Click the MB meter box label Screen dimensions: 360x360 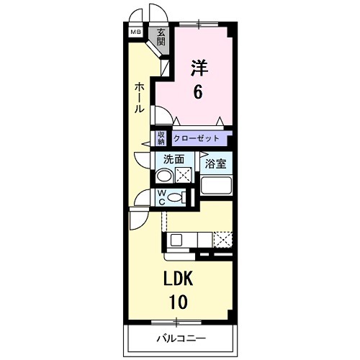pos(135,32)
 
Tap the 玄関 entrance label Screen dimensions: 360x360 pos(161,36)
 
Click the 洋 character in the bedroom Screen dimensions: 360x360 pos(198,68)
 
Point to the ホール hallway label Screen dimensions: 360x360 pos(139,97)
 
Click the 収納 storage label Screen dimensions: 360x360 pos(161,138)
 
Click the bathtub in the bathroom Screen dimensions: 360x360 pos(216,186)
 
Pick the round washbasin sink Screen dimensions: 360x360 pos(165,175)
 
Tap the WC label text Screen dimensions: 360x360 pos(163,197)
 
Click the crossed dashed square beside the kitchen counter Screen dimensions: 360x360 pos(224,240)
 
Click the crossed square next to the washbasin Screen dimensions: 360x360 pos(184,175)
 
